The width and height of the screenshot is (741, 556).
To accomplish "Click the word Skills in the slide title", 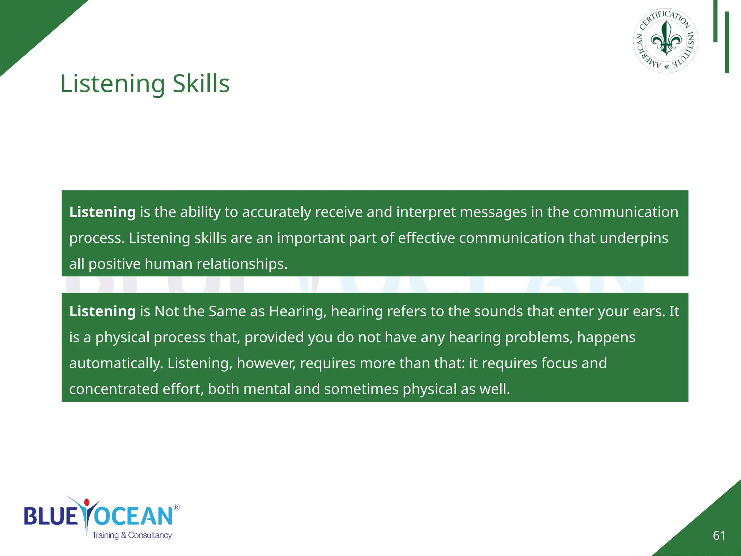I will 201,84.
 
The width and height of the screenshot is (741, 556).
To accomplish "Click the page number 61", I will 719,535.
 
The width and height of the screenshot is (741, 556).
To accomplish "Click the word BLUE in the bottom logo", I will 51,516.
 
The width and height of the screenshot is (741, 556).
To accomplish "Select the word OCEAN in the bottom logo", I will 134,516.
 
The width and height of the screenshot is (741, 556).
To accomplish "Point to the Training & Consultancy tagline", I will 132,535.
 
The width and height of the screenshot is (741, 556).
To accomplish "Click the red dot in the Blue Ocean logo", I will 86,502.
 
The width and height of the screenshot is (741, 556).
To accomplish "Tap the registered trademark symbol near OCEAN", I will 177,507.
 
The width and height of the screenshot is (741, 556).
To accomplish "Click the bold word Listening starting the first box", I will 102,212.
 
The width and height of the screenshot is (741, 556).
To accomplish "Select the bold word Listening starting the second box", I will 102,311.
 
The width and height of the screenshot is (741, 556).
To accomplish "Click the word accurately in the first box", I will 276,212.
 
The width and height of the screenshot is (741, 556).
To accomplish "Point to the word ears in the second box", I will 648,312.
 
